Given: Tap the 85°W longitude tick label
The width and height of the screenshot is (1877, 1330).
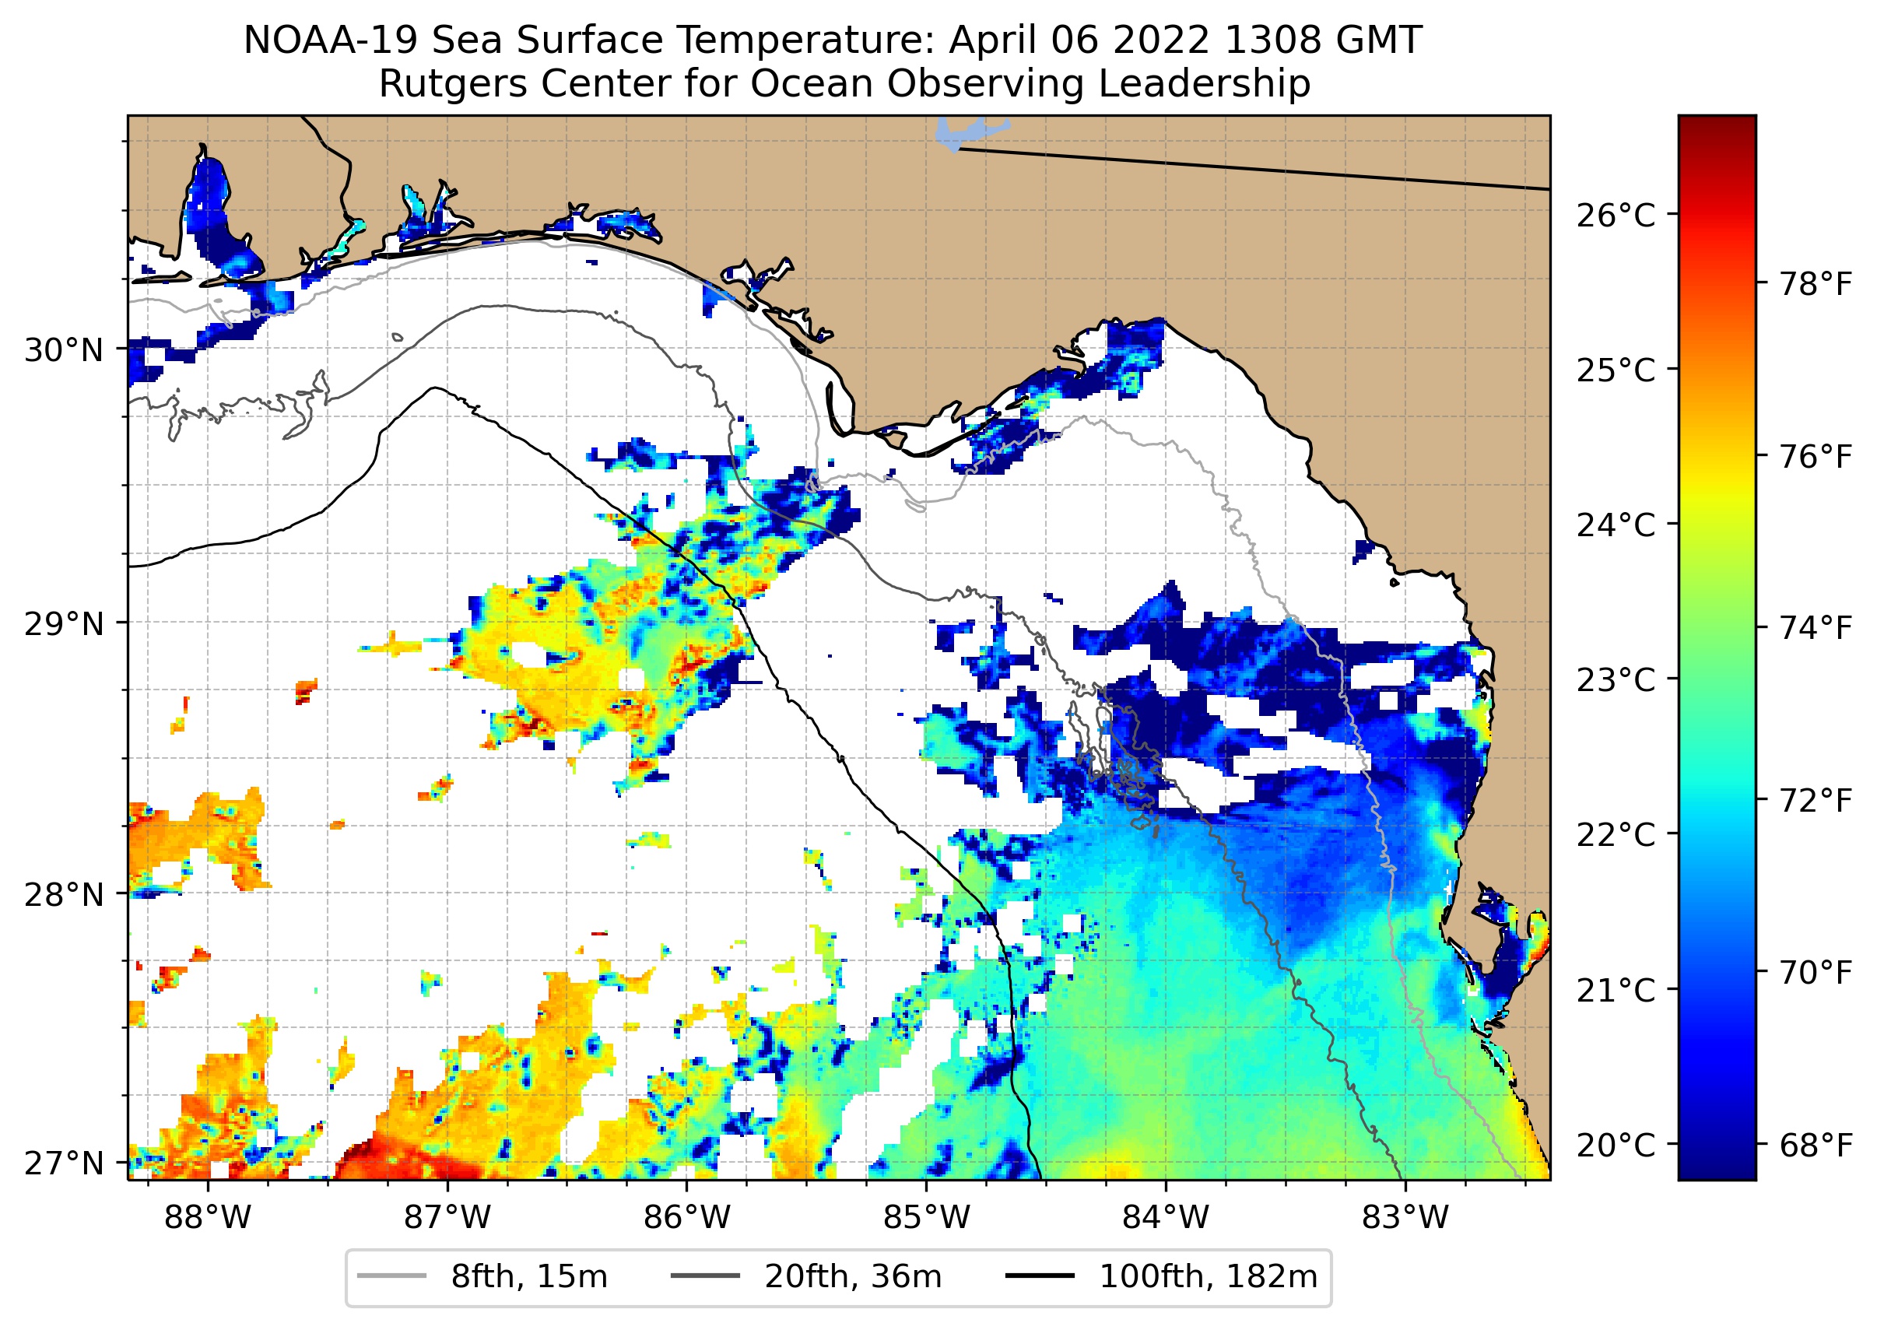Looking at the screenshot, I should [926, 1218].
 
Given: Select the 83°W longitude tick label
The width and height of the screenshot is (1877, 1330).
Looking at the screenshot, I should [1405, 1218].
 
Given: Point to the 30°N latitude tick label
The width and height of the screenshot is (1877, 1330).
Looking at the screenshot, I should [64, 350].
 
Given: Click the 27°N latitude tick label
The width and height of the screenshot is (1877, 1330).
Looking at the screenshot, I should [64, 1163].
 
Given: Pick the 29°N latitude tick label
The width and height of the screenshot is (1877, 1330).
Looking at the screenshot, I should [64, 624].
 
